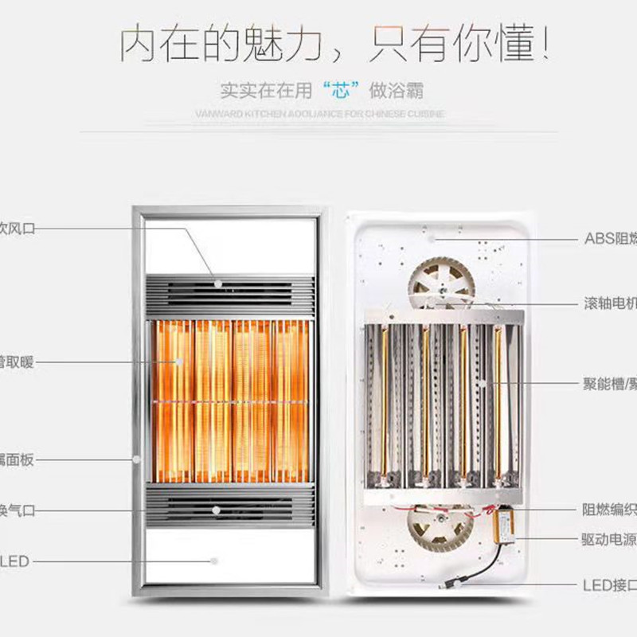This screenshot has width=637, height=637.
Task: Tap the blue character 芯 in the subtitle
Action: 342,90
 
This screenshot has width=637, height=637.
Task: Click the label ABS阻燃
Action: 610,238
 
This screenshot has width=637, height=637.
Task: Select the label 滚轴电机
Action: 610,303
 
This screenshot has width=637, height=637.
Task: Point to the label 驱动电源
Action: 610,539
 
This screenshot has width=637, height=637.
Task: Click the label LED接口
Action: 610,586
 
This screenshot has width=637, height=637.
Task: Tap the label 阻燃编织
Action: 610,510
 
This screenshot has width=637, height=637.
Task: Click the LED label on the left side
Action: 16,561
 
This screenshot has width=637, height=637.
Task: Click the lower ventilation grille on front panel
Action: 230,506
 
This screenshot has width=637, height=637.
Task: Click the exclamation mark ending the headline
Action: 545,44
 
